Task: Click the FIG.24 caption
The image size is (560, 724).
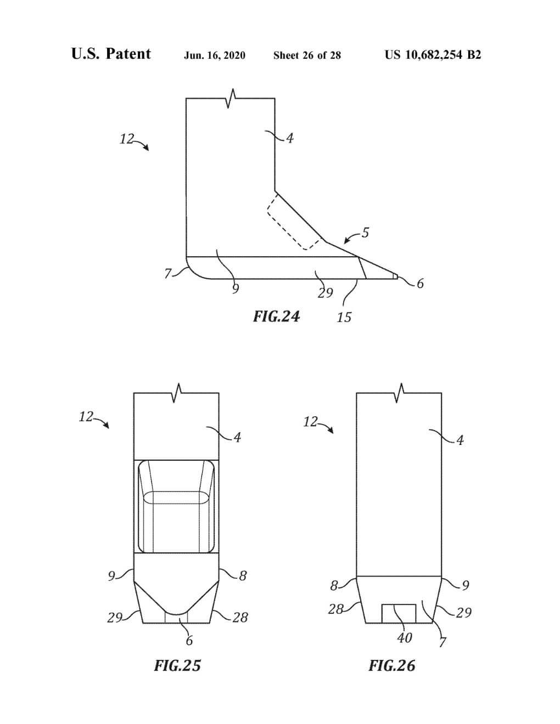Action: [x=276, y=316]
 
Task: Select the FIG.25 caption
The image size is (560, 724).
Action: [x=177, y=666]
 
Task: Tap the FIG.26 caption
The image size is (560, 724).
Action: [x=392, y=666]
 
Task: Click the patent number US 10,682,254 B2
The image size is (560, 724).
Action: [x=433, y=55]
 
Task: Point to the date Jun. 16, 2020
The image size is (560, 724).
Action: [x=215, y=55]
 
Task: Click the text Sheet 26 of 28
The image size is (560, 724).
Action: [x=307, y=55]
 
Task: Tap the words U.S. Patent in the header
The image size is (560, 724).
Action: [x=111, y=54]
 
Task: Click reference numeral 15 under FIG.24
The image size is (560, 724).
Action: [x=344, y=317]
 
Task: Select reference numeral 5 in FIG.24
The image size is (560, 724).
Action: [x=365, y=233]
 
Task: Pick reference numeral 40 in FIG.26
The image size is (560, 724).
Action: [x=405, y=638]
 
